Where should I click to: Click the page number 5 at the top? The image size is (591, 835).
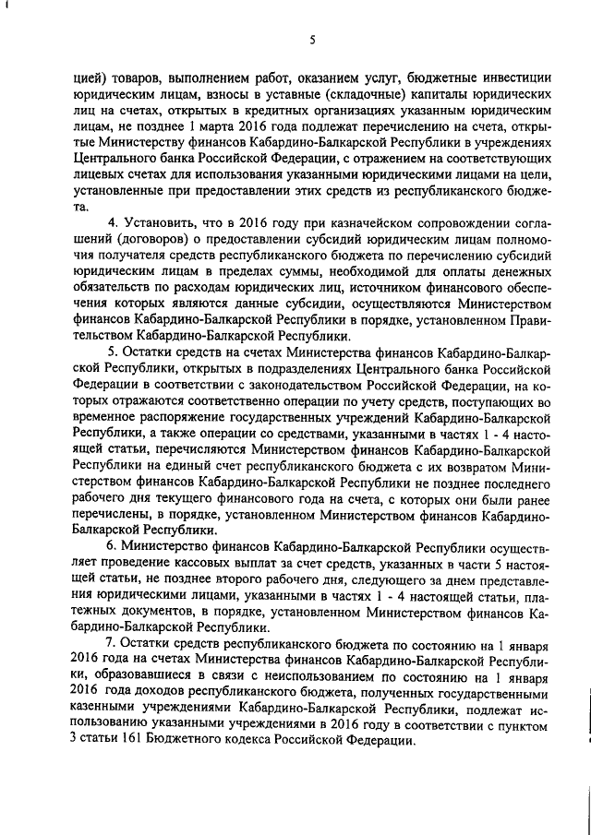pyautogui.click(x=313, y=39)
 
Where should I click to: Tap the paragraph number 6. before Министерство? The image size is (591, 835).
pyautogui.click(x=112, y=546)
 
